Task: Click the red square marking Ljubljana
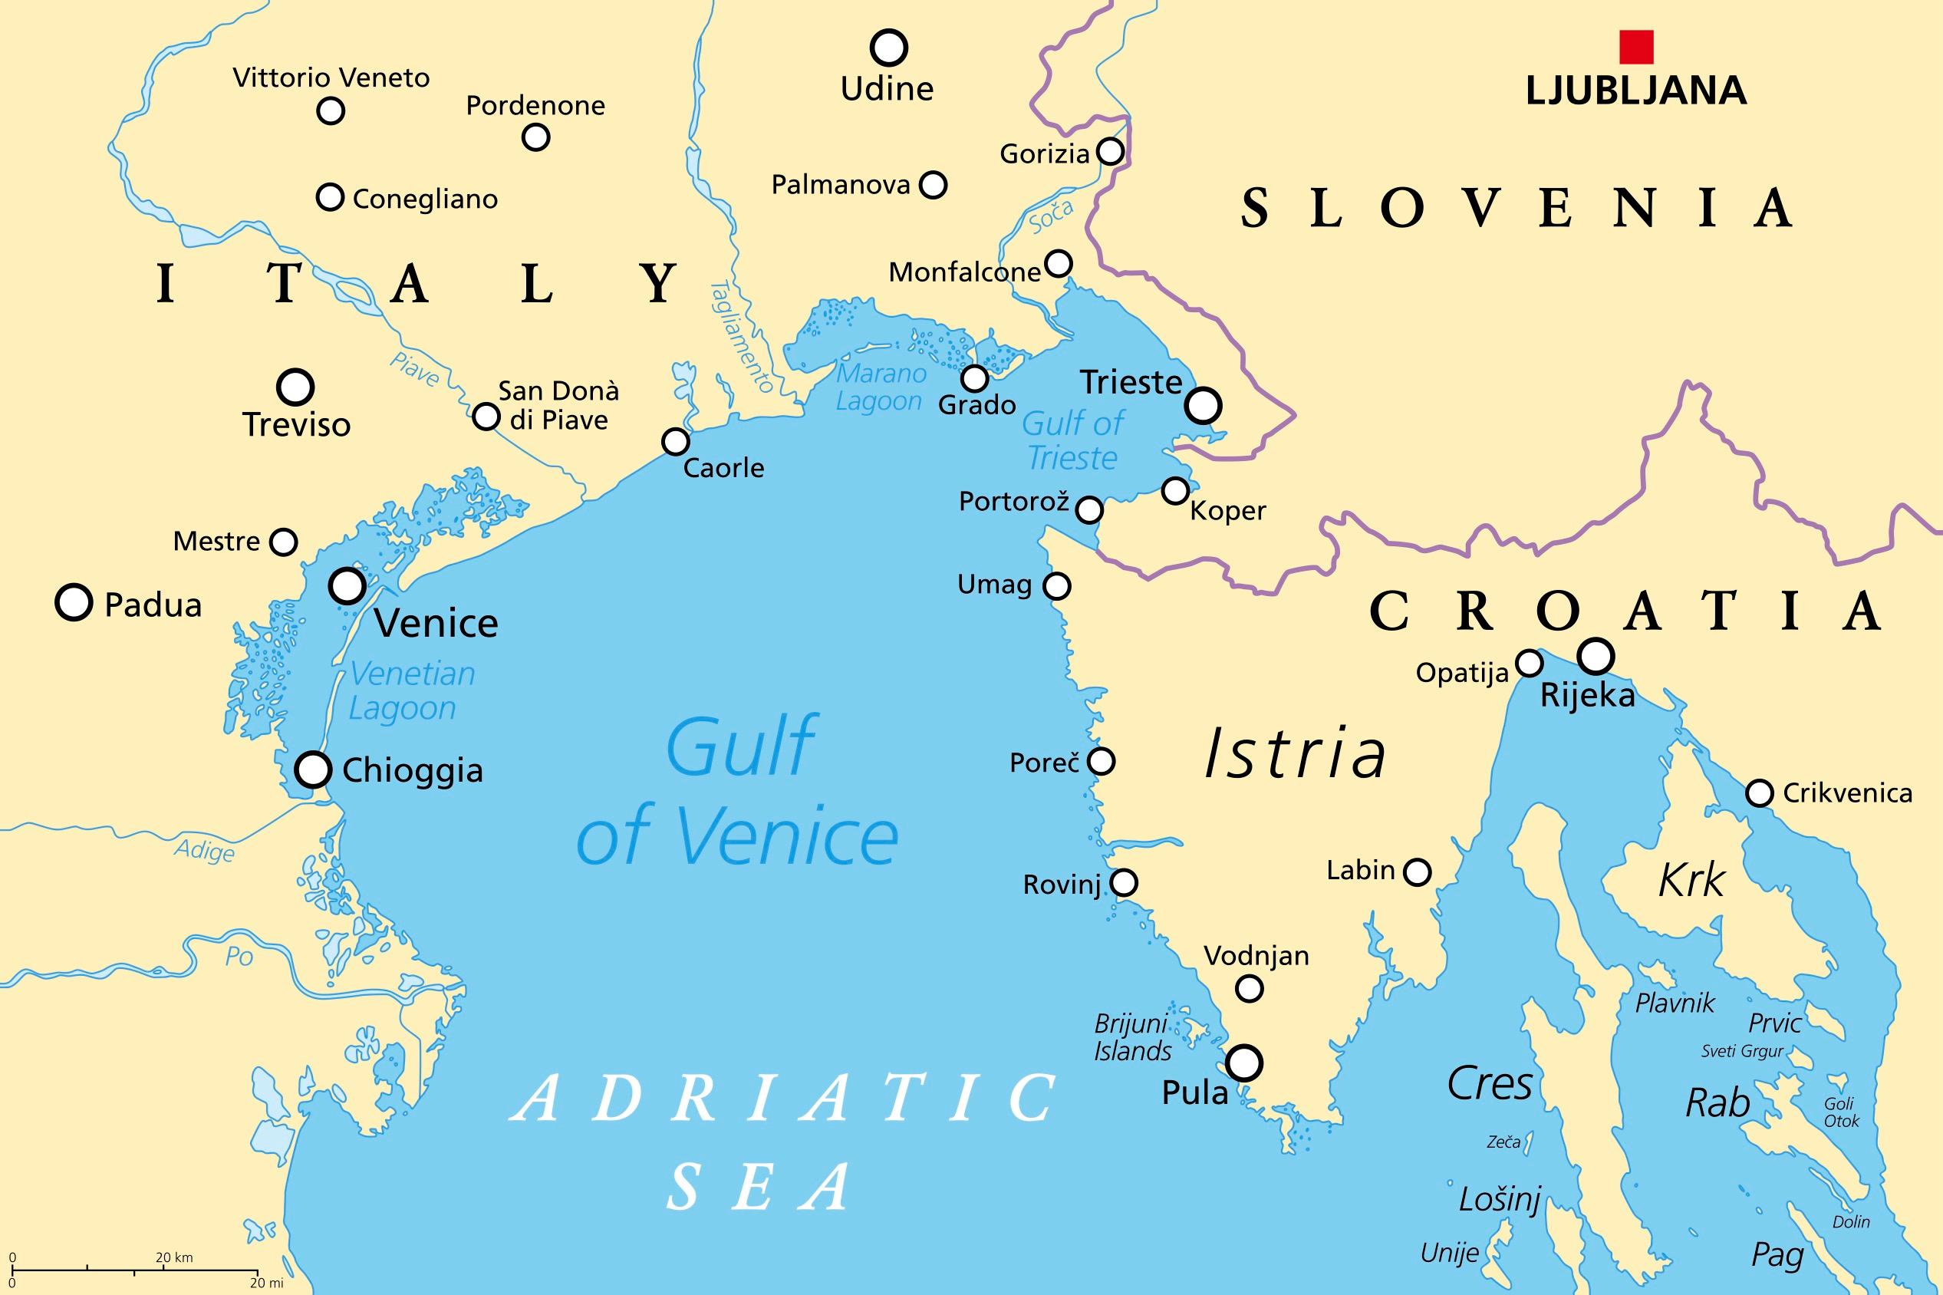(x=1636, y=47)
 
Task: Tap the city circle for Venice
(x=347, y=585)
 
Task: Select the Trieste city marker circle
(x=1203, y=406)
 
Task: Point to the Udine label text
(x=886, y=88)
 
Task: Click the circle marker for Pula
(x=1244, y=1063)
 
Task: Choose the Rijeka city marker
(x=1596, y=656)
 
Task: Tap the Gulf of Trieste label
(x=1072, y=440)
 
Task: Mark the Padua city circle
(x=74, y=602)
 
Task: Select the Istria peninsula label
(x=1295, y=754)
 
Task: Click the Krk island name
(x=1691, y=881)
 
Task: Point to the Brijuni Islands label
(x=1132, y=1037)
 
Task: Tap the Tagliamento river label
(x=741, y=337)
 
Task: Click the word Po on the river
(x=239, y=956)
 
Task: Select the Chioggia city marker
(x=313, y=769)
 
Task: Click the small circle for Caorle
(x=676, y=442)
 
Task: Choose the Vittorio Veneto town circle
(x=331, y=110)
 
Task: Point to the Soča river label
(x=1051, y=217)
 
